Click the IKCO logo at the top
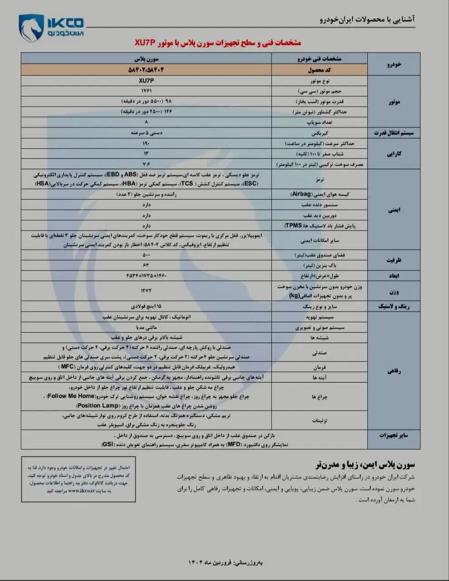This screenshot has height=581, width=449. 51,27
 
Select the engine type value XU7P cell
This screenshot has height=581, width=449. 146,80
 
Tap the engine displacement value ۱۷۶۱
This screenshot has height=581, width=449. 146,91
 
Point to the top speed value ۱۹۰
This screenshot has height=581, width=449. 146,143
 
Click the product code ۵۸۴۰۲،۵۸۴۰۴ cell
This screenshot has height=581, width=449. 146,70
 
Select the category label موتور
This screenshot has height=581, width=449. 394,102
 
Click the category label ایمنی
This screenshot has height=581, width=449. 394,210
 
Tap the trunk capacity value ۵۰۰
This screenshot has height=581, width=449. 146,255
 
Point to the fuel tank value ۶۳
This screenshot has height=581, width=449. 146,265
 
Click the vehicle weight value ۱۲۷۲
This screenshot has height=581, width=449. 146,290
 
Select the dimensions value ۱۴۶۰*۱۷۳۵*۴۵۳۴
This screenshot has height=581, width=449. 146,276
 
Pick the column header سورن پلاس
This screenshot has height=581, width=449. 146,59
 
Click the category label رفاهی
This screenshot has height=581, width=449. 394,371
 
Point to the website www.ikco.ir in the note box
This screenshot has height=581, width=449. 81,491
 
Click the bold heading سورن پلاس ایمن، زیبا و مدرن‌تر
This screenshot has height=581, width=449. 365,464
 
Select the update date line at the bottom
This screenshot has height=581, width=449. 224,562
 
